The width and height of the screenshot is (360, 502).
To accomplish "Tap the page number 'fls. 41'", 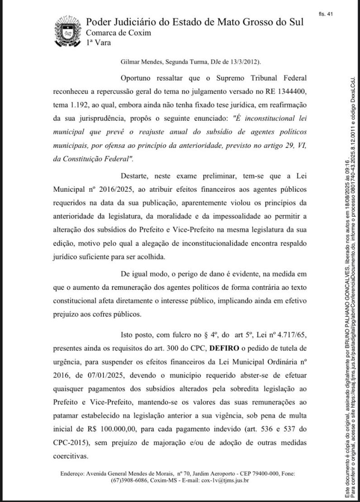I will coord(326,14).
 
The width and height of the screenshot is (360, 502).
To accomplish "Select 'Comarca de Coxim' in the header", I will coord(118,33).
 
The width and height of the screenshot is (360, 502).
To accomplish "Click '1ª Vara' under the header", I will coord(98,43).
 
